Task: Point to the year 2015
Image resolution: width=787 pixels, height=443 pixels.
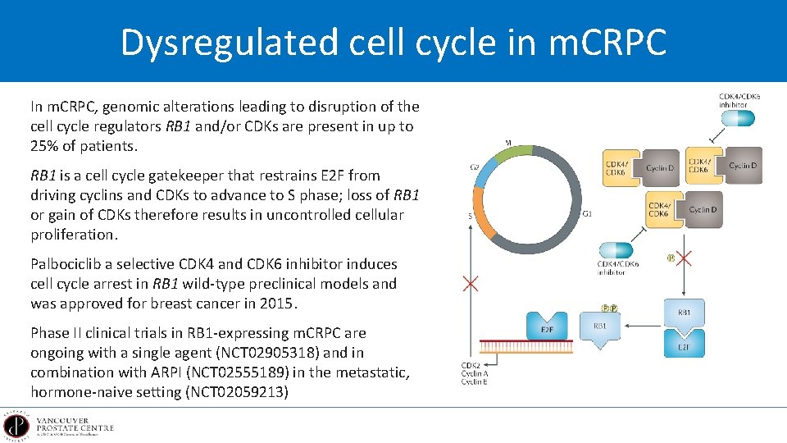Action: (280, 304)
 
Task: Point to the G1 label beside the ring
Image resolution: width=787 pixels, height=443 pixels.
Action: (587, 214)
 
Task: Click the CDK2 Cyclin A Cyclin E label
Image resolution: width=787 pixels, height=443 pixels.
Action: (474, 373)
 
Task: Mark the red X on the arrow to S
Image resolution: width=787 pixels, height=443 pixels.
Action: (471, 285)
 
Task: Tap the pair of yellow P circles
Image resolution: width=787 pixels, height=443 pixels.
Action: (608, 308)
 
